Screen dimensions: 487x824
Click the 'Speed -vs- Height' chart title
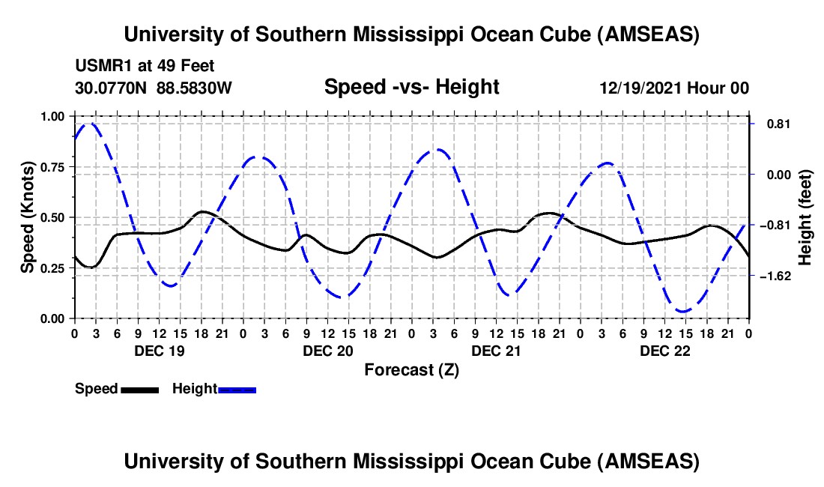(411, 88)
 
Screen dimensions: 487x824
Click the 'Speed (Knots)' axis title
(27, 217)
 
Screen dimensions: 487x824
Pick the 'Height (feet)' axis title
(805, 217)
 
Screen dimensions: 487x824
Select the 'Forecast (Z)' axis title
(411, 370)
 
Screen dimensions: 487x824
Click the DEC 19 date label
(159, 351)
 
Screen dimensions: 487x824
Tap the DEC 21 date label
(496, 351)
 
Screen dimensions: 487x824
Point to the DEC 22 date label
(664, 351)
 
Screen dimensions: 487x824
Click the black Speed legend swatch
(139, 390)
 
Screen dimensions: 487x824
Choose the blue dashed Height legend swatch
(237, 390)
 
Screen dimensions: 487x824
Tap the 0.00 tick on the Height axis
(773, 175)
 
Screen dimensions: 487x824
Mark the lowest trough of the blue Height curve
(683, 311)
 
